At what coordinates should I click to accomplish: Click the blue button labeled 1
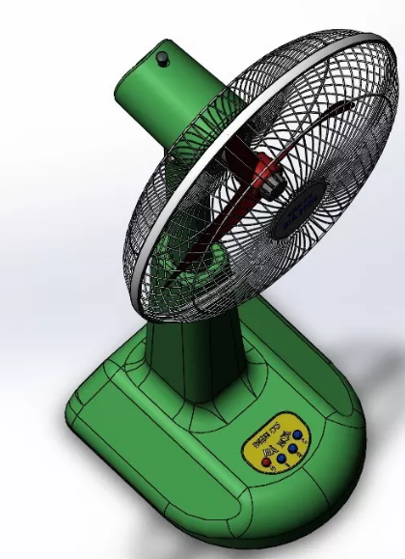pyautogui.click(x=282, y=458)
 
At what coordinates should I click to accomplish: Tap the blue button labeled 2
pyautogui.click(x=292, y=448)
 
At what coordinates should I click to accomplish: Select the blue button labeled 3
pyautogui.click(x=297, y=434)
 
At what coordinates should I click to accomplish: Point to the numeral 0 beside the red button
pyautogui.click(x=274, y=468)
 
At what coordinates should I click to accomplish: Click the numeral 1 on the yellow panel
pyautogui.click(x=287, y=465)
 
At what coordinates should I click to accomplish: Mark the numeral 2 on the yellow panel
pyautogui.click(x=300, y=455)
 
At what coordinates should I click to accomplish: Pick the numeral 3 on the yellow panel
pyautogui.click(x=305, y=441)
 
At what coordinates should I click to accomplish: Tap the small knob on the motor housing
pyautogui.click(x=162, y=59)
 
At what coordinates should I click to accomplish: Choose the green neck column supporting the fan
pyautogui.click(x=193, y=357)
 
